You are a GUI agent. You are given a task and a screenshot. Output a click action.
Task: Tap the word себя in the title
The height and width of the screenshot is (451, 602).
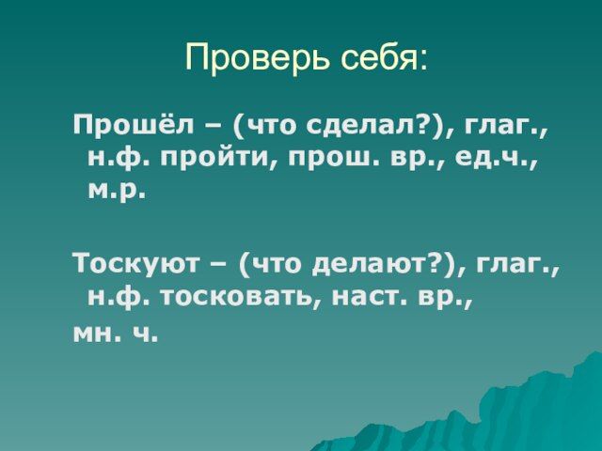378,57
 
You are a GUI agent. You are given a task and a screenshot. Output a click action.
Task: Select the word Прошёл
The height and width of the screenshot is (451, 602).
134,124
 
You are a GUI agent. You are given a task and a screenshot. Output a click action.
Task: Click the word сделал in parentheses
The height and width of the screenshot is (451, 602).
366,125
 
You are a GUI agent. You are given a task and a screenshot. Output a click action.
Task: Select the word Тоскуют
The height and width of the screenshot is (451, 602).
137,263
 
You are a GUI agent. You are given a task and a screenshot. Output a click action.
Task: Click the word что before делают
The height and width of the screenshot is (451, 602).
276,265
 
